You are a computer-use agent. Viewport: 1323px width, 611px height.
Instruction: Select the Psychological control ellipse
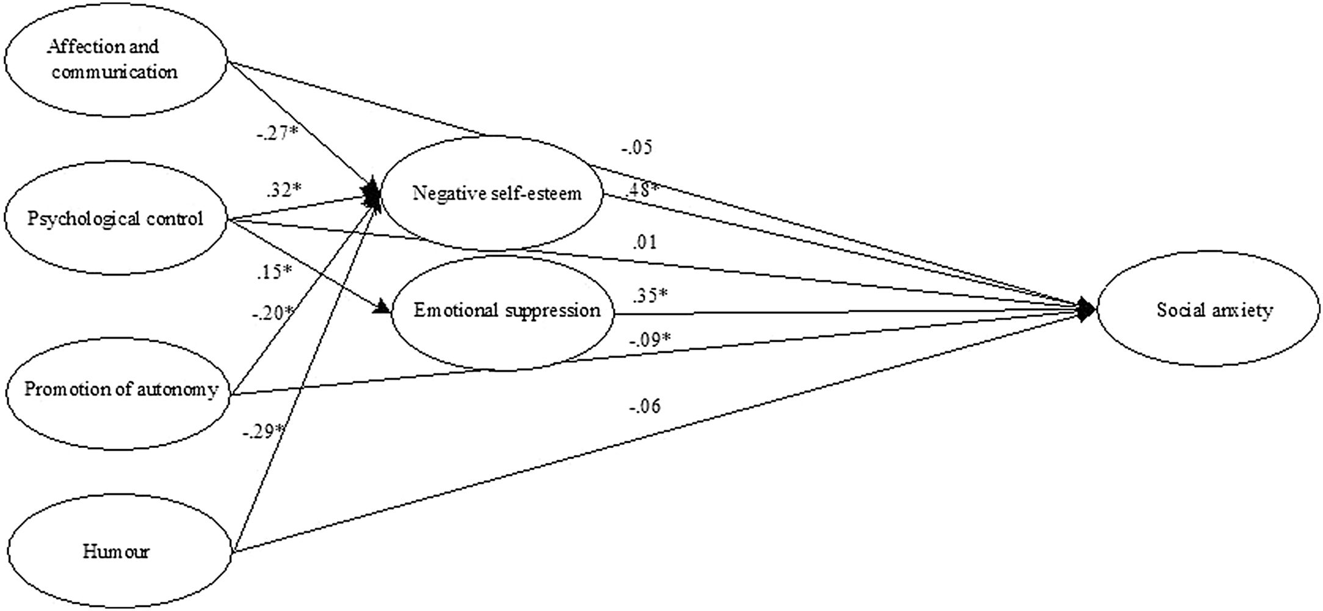115,218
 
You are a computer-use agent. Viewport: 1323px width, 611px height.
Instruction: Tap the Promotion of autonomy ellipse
120,389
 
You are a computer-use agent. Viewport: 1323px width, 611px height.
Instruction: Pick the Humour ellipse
116,552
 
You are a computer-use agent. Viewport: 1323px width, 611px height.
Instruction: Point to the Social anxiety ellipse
1213,310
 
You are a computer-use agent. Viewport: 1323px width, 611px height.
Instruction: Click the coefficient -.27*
276,133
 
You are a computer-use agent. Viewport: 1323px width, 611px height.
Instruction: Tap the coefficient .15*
273,271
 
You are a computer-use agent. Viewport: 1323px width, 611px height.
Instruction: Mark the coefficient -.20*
272,313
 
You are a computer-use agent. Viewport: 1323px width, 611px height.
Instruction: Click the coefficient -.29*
263,431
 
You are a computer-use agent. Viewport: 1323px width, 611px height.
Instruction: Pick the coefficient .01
645,242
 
